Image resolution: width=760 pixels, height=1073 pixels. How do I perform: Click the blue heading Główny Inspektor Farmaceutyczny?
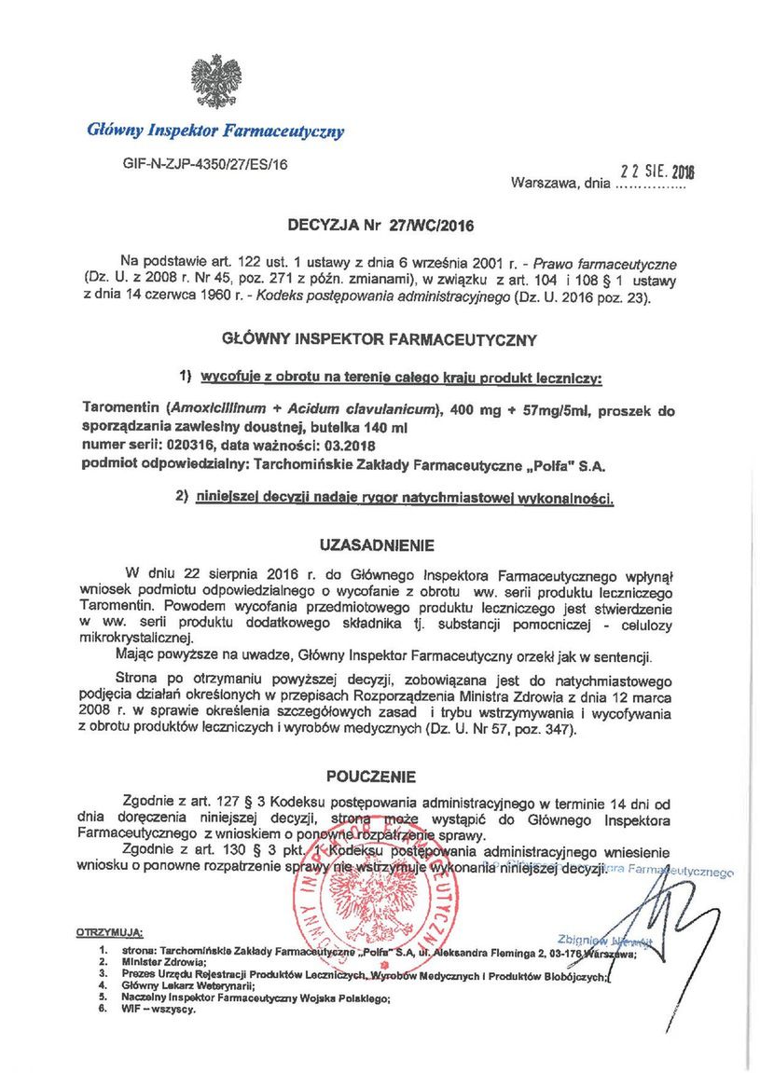coord(215,131)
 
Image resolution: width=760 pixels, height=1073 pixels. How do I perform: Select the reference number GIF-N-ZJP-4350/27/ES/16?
coord(205,162)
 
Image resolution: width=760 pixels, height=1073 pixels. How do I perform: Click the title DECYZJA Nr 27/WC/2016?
coord(380,225)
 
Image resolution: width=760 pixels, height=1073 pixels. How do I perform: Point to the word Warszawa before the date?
coord(544,184)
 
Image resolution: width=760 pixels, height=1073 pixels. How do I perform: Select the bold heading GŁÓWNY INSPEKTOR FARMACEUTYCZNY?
coord(380,340)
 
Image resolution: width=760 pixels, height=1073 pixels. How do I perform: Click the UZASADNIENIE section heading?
coord(377,543)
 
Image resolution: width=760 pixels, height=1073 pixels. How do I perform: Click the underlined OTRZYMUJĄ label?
coord(109,931)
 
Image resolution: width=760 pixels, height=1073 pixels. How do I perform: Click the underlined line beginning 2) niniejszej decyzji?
coord(395,499)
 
